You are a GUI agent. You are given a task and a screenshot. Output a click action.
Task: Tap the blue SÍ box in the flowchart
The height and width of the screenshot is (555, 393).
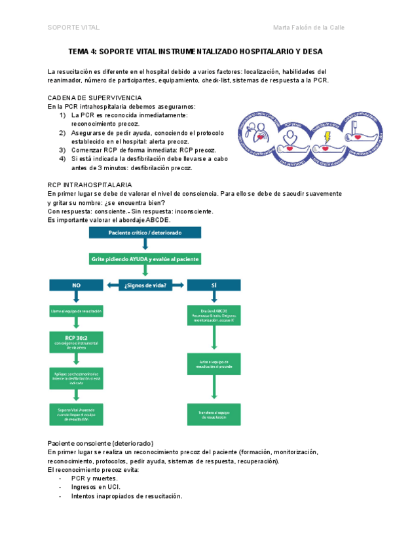coord(214,285)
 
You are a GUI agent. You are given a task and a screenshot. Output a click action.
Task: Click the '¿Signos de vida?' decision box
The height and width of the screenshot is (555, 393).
coord(145,285)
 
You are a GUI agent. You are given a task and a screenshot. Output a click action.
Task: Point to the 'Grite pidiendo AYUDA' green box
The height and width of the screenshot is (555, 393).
coord(145,260)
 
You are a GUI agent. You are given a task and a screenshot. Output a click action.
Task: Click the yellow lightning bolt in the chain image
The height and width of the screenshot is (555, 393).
coord(327,139)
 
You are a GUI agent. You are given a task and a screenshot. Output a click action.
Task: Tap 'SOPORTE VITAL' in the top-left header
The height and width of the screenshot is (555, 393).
coord(73,27)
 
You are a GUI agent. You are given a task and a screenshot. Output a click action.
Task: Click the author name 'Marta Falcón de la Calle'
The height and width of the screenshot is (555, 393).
coord(308,27)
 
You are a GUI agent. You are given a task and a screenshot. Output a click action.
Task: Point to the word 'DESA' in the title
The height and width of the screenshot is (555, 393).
coord(311,51)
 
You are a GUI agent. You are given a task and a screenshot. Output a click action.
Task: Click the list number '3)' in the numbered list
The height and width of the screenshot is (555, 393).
coord(62,150)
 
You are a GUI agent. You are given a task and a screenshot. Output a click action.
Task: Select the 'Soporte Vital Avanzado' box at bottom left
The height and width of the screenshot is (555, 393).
coord(75,414)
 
